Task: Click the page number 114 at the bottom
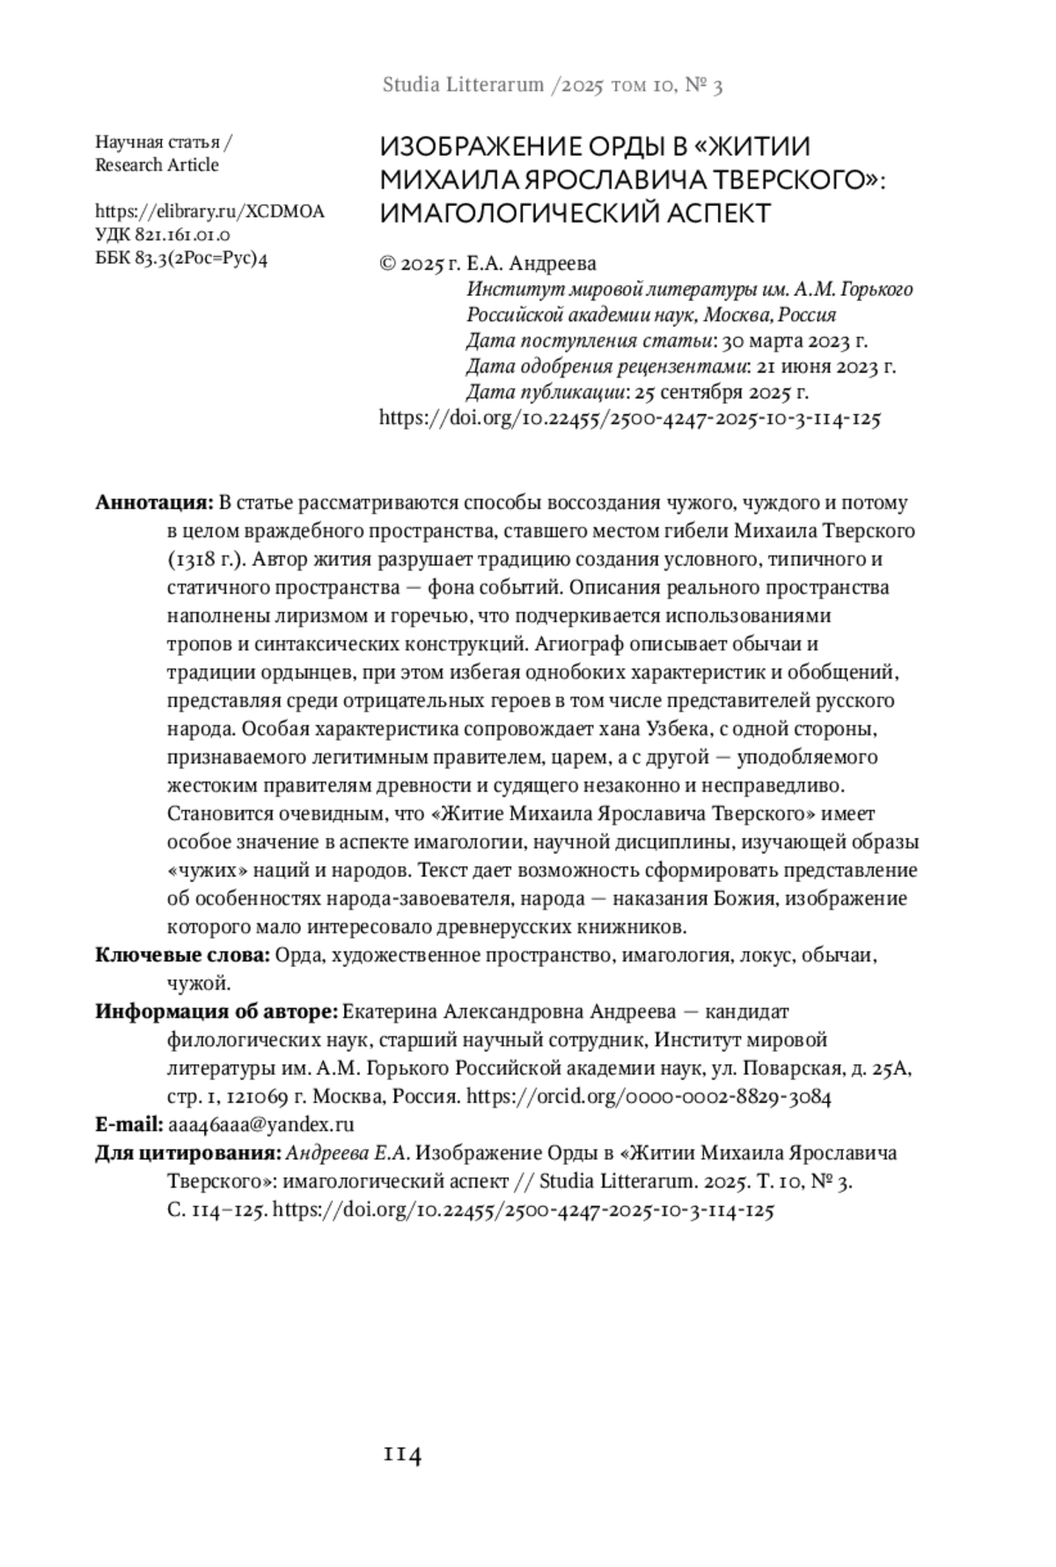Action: coord(402,1455)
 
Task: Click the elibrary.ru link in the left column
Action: coord(209,211)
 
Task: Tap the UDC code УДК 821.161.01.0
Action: coord(163,235)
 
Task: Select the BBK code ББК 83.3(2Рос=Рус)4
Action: coord(180,259)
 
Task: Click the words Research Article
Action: coord(157,166)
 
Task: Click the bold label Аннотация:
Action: coord(154,503)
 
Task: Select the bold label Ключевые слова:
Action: coord(182,955)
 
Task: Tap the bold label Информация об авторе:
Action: coord(216,1012)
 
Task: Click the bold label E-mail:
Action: coord(128,1124)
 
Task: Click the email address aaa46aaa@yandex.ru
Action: coord(260,1124)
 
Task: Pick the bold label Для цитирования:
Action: coord(188,1153)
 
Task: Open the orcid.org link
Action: coord(649,1097)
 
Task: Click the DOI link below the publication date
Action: coord(629,418)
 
